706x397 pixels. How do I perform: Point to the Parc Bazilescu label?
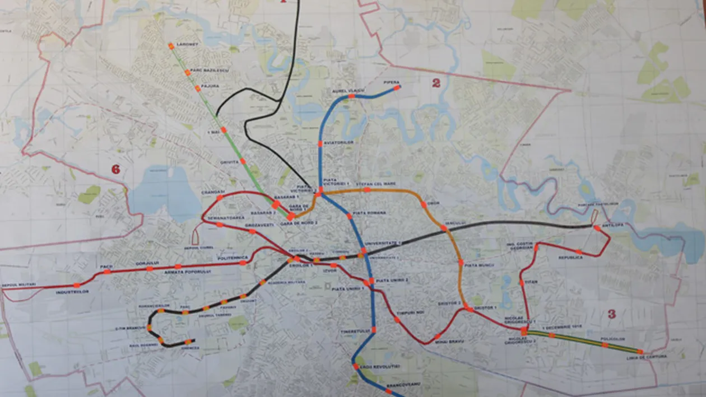click(203, 71)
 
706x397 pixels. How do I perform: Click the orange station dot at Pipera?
click(397, 88)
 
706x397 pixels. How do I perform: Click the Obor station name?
click(433, 203)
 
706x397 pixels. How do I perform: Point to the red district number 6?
click(115, 169)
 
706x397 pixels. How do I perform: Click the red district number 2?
click(435, 83)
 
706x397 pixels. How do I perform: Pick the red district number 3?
click(611, 314)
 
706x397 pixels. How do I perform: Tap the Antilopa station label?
click(612, 226)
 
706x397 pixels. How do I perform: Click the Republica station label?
click(570, 258)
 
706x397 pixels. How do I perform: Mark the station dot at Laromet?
click(171, 45)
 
